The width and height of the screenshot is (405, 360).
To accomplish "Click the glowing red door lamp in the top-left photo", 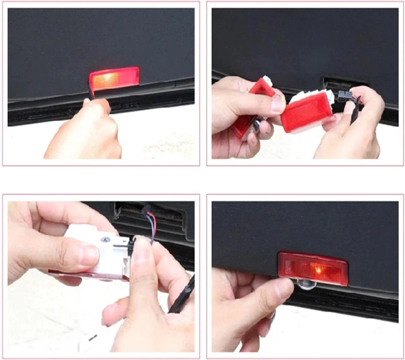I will pos(114,78).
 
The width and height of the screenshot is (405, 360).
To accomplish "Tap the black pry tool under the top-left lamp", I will pos(90,93).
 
